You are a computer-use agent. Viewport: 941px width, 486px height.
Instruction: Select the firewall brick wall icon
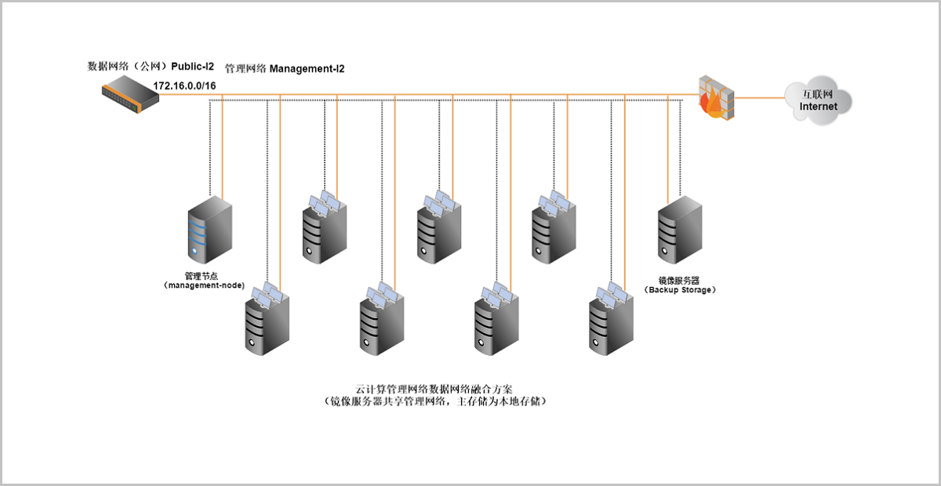[x=717, y=96]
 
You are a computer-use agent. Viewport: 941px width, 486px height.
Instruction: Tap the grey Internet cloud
[x=818, y=99]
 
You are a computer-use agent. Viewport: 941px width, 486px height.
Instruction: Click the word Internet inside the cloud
[x=818, y=107]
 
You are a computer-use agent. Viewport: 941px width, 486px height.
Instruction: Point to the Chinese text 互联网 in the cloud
[x=818, y=93]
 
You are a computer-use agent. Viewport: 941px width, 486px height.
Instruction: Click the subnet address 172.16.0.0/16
[x=184, y=85]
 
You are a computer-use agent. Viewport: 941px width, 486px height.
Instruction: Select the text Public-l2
[x=193, y=67]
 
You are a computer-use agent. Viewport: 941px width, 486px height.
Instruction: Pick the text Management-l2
[x=307, y=69]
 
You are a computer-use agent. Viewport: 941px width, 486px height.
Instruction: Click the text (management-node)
[x=205, y=286]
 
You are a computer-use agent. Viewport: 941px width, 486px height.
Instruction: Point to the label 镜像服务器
[x=680, y=279]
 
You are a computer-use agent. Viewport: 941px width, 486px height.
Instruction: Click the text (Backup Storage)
[x=680, y=289]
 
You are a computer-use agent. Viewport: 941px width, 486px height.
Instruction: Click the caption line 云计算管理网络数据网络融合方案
[x=435, y=389]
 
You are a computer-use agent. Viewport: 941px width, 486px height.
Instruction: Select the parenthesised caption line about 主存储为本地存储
[x=435, y=401]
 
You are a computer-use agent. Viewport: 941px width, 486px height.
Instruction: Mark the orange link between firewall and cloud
[x=761, y=98]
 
